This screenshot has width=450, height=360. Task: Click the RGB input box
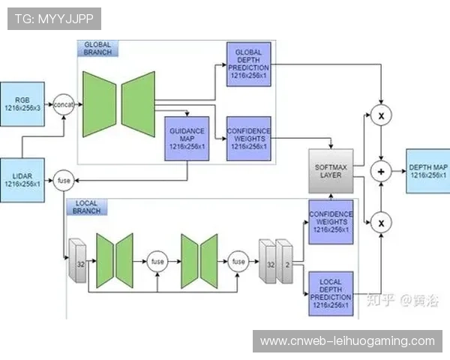(23, 103)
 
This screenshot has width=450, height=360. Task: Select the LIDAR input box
(23, 179)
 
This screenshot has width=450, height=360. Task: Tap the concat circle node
(64, 105)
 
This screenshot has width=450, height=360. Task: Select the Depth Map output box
(428, 171)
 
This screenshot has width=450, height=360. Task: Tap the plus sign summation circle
(382, 172)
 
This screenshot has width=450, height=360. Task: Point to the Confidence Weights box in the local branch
(331, 221)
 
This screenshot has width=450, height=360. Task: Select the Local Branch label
(86, 207)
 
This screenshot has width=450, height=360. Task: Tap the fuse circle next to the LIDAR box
(63, 180)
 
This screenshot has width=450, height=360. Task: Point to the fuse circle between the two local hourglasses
(158, 262)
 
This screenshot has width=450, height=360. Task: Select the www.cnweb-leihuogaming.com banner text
(347, 341)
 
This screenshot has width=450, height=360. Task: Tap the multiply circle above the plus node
(382, 115)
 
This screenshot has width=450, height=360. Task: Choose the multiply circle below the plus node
(382, 222)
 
